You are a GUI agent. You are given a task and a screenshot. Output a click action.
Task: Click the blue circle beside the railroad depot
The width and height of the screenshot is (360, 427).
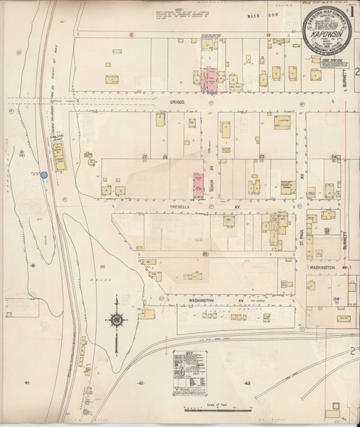pos(44,174)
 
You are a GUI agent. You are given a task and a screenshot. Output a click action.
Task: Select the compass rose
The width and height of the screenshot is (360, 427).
pos(115,321)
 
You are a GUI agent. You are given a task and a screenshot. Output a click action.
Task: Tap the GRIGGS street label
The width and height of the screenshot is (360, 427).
pos(176,102)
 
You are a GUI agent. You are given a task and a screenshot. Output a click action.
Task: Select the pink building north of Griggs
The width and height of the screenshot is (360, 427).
pos(210,80)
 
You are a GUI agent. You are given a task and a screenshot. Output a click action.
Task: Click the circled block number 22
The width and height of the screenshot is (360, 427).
pos(144,156)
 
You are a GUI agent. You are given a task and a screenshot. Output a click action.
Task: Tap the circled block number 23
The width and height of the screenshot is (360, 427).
pos(262,156)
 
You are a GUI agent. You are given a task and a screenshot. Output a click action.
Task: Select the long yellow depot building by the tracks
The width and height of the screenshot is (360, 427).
pos(58,150)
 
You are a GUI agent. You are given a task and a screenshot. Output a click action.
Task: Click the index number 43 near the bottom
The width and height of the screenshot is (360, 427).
pos(247,384)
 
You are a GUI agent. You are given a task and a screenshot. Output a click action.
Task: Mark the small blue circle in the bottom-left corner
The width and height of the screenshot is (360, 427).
pos(85,411)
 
